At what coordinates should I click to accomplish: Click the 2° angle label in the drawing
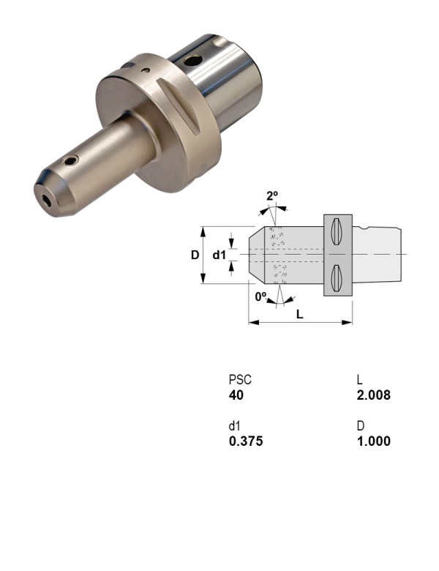272,196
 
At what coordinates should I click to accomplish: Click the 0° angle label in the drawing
260,296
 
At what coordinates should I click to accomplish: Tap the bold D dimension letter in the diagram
195,255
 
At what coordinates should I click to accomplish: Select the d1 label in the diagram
219,255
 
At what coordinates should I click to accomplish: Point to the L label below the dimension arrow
301,313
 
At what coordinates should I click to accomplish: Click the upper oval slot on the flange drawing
337,232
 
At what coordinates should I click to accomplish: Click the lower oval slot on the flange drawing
337,277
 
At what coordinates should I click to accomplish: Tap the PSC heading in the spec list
240,381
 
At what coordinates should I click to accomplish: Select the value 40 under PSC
236,395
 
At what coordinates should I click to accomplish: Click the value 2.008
373,395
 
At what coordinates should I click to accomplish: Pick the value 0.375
246,441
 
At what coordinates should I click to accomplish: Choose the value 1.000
373,441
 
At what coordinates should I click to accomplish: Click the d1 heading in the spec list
235,427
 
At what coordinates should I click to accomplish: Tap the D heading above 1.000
361,427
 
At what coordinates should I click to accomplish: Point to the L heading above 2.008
360,381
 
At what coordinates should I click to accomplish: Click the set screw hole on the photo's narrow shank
70,160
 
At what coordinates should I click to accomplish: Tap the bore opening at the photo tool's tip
47,198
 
